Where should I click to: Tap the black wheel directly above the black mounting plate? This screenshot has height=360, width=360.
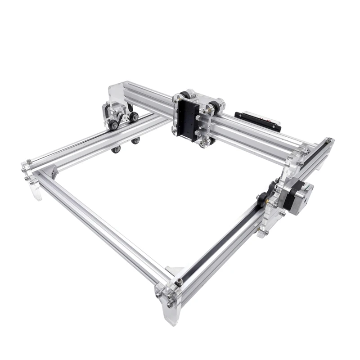click(184, 95)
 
